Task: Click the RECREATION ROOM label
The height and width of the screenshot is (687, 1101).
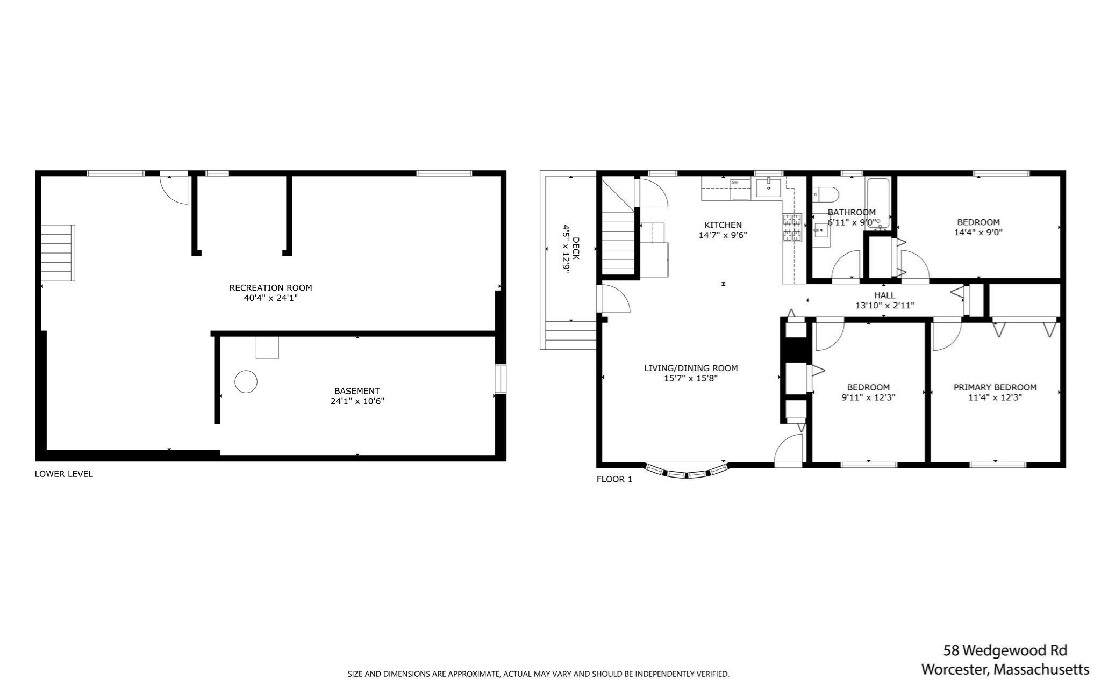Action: pyautogui.click(x=270, y=287)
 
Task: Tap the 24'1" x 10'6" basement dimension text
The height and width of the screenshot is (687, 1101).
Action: pyautogui.click(x=357, y=401)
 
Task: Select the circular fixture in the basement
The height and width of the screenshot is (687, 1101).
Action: pyautogui.click(x=246, y=381)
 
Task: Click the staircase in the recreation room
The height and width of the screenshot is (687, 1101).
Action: pyautogui.click(x=58, y=253)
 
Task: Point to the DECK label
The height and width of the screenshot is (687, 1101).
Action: pyautogui.click(x=576, y=249)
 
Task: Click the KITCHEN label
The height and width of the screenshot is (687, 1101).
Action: pyautogui.click(x=723, y=225)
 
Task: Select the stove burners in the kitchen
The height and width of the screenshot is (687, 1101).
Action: pyautogui.click(x=791, y=227)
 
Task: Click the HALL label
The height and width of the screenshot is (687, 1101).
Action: pyautogui.click(x=884, y=295)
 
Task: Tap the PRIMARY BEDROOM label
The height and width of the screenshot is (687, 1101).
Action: pyautogui.click(x=995, y=387)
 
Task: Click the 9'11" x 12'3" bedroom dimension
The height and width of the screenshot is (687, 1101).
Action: pyautogui.click(x=868, y=398)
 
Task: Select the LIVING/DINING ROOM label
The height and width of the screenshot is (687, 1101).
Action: pyautogui.click(x=690, y=368)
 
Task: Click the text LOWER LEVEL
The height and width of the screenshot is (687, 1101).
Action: pyautogui.click(x=64, y=474)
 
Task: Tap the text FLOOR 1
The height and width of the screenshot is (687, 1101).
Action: pyautogui.click(x=614, y=479)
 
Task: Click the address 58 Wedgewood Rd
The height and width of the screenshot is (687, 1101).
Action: pyautogui.click(x=1005, y=650)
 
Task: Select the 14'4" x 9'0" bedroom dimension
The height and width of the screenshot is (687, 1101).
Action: pyautogui.click(x=978, y=233)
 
